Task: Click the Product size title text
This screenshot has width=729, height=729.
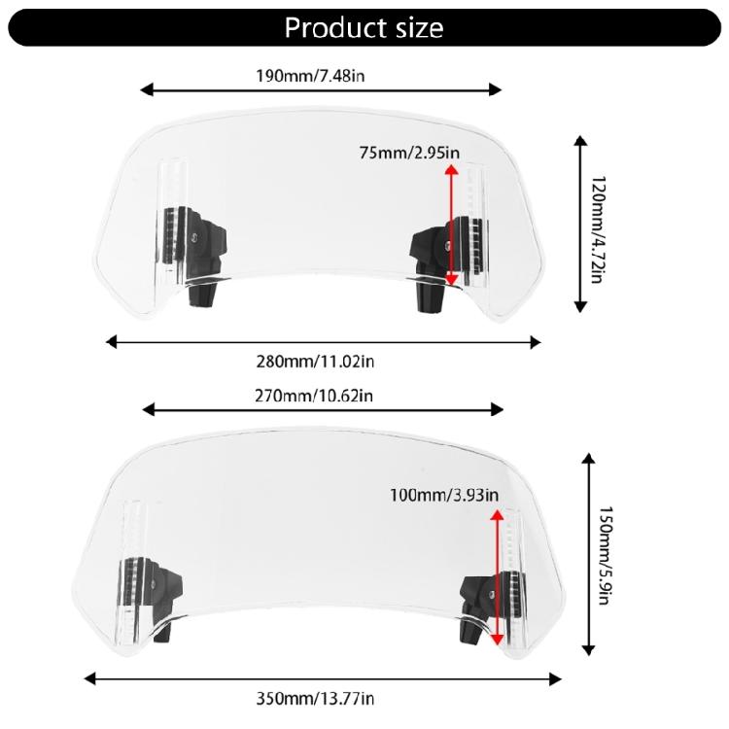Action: pos(364,27)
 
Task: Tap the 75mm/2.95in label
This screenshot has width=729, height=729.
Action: pos(409,153)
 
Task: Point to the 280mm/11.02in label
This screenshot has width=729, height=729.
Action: pos(323,362)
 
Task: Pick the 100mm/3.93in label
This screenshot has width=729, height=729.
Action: pos(445,496)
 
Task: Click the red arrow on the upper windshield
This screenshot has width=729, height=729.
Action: pos(451,225)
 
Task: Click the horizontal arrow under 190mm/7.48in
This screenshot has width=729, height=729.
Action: pos(321,90)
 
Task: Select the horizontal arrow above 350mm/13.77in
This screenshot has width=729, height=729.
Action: pos(323,678)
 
